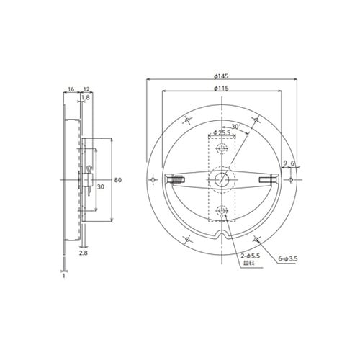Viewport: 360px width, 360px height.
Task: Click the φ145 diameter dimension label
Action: [x=221, y=75]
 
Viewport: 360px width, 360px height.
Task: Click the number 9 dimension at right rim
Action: [x=285, y=163]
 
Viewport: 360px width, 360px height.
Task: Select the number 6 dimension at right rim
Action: [x=293, y=163]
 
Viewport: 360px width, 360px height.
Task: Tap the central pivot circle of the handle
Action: [x=222, y=179]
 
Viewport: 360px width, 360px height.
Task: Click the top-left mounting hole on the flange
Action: [x=187, y=120]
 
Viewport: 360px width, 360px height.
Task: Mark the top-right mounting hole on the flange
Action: [x=256, y=120]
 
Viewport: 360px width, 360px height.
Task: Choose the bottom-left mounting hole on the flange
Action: [x=187, y=238]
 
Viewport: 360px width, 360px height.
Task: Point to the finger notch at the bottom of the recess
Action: [x=222, y=235]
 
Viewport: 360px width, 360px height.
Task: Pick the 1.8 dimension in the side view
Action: [x=85, y=97]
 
